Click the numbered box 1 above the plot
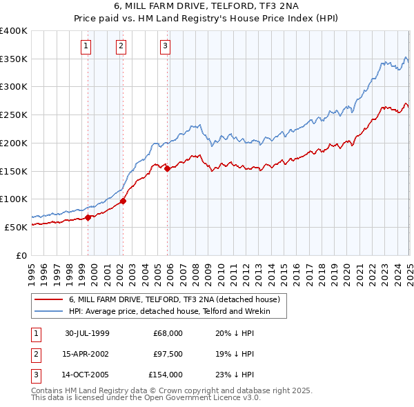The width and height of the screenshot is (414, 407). click(86, 46)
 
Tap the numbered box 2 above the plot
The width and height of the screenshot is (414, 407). click(121, 46)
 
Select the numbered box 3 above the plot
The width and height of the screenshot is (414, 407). click(166, 46)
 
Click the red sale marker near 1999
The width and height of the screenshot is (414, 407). click(88, 217)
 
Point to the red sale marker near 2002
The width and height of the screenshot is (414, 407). click(123, 201)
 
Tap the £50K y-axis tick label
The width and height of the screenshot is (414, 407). click(16, 227)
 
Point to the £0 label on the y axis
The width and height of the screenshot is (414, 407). click(22, 255)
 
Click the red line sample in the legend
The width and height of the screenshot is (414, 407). click(48, 300)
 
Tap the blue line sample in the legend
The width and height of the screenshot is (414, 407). click(48, 312)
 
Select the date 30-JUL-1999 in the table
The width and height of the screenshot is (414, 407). click(87, 334)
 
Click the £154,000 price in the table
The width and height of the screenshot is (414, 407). click(166, 375)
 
